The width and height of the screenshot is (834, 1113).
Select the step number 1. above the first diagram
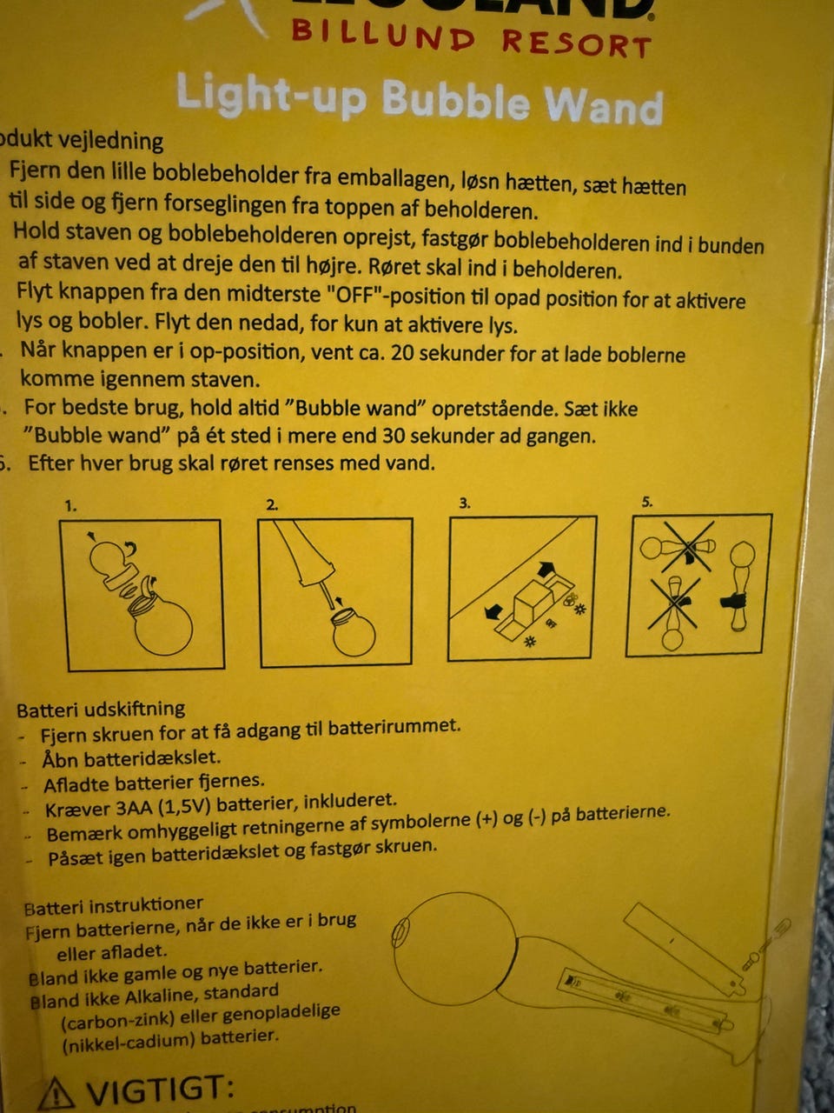(71, 505)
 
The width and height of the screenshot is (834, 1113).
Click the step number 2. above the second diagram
(272, 504)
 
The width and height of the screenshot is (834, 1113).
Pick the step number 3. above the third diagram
(465, 503)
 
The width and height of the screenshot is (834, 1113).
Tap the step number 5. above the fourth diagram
(645, 502)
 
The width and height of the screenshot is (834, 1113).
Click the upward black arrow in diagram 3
(546, 570)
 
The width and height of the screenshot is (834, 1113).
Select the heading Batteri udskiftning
(101, 709)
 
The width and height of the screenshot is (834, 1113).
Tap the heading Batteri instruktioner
(114, 906)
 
